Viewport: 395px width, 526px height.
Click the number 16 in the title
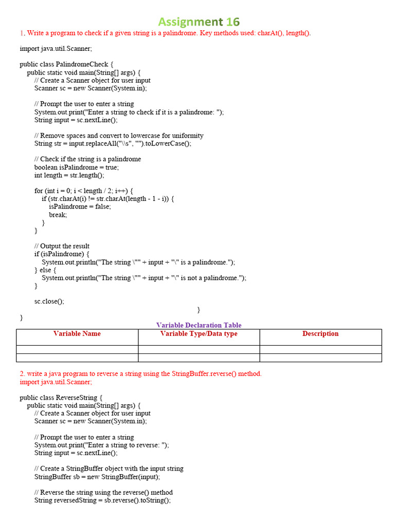tap(232, 22)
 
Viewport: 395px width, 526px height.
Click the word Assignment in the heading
tap(190, 22)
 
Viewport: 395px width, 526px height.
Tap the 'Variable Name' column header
tap(77, 334)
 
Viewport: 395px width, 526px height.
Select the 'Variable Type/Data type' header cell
tap(199, 334)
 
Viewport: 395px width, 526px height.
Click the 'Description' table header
tap(320, 334)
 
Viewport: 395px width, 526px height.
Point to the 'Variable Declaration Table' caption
tap(199, 325)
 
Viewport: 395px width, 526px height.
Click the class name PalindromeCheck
tap(85, 64)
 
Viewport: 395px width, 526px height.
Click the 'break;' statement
tap(58, 215)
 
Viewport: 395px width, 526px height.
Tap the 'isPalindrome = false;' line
tap(80, 206)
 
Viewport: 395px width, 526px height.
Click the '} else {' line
tap(45, 270)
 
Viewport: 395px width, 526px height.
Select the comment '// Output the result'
tap(62, 246)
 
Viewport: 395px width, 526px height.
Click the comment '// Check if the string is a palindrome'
tap(87, 159)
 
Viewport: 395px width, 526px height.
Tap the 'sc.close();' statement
tap(49, 302)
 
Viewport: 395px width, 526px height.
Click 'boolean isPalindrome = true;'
tap(76, 167)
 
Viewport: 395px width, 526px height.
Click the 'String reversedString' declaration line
tap(102, 500)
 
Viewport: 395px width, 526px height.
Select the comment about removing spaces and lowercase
tap(119, 136)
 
